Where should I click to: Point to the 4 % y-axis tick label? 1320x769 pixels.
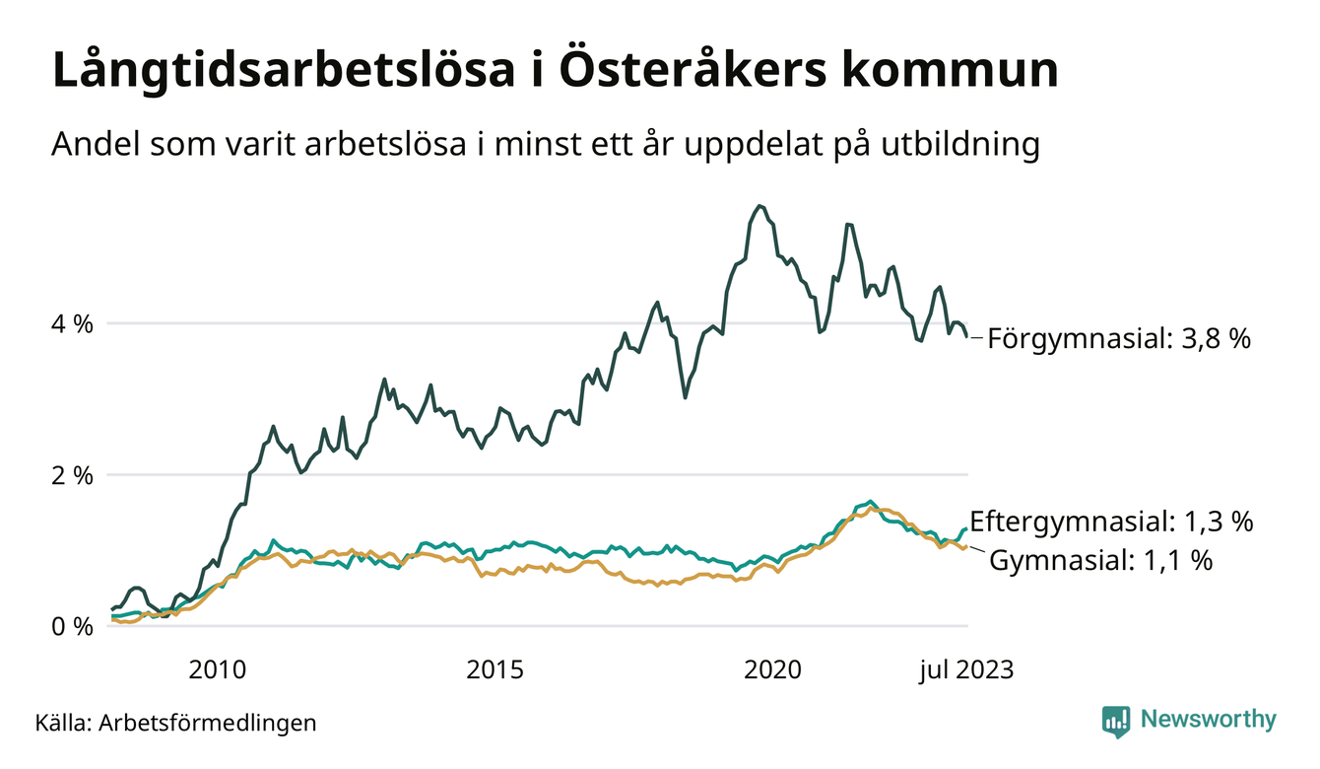tap(72, 323)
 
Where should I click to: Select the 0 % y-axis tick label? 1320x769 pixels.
tap(72, 626)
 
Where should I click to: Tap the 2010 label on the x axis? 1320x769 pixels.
tap(218, 670)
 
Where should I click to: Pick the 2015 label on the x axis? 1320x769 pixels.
tap(495, 670)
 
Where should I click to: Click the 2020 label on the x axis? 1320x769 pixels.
tap(773, 670)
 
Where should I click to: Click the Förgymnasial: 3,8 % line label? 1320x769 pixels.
tap(1118, 339)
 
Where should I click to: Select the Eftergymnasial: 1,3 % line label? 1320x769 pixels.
tap(1111, 522)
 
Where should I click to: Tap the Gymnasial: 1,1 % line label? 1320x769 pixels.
tap(1099, 561)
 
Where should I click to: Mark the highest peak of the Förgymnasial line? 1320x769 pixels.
tap(759, 205)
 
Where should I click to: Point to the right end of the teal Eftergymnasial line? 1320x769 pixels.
tap(966, 529)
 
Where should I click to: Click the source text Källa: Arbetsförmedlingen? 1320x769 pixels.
tap(175, 723)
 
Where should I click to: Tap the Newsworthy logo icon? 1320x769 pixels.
tap(1116, 721)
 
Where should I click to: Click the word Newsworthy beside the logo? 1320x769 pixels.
tap(1209, 720)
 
